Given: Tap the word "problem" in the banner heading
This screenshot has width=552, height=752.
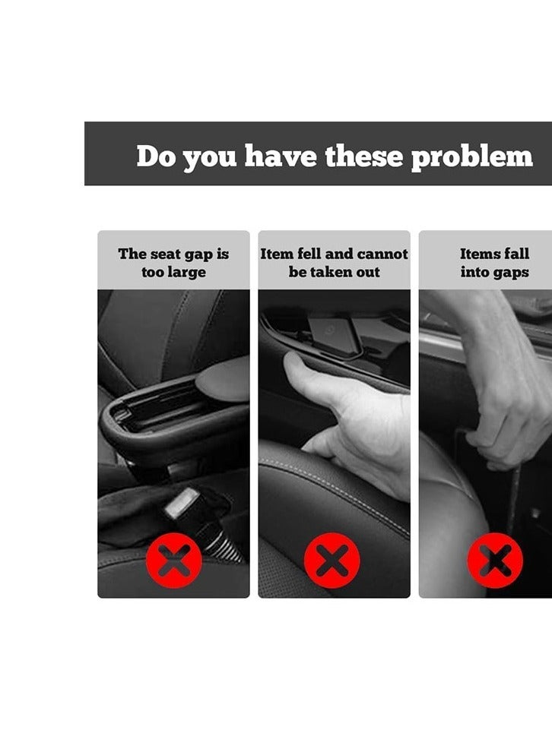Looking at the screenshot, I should pos(471,156).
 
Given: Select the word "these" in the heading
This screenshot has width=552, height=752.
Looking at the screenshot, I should pos(366,156).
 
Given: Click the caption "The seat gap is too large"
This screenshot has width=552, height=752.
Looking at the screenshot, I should pos(173,263).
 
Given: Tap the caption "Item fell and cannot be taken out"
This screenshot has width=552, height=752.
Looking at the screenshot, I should pos(334,263).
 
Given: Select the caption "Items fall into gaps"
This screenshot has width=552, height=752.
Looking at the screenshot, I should pos(494,263).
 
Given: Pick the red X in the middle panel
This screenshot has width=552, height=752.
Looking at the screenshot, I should pos(332,561).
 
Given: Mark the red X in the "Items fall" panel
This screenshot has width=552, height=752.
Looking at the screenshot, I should pos(495,561).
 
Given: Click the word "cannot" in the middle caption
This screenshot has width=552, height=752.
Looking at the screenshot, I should pos(382,254).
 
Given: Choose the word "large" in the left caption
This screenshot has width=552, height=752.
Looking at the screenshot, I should pos(186,273).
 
